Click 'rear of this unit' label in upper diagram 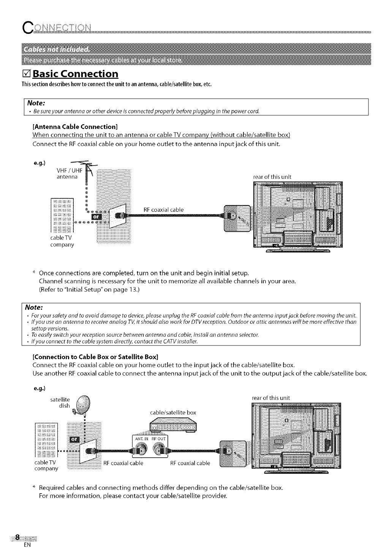coord(272,177)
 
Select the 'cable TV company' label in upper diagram coord(62,241)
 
